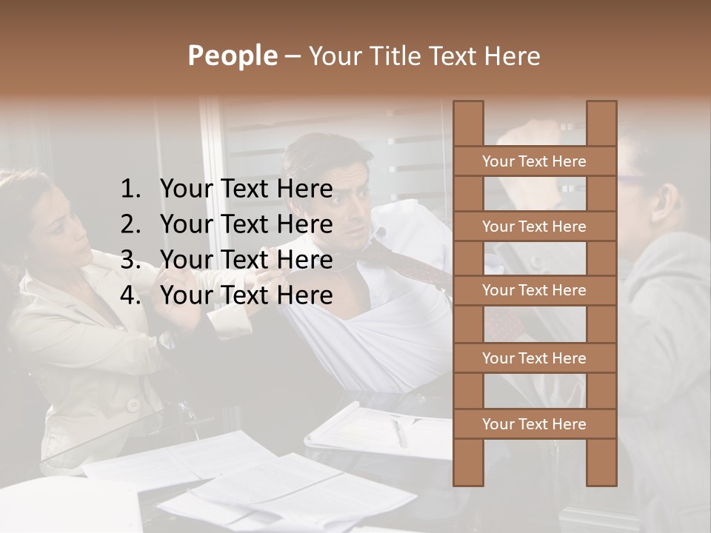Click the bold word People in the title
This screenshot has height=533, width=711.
pos(231,56)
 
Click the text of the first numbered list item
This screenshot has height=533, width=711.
pos(246,190)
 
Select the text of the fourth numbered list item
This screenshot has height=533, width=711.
pos(246,295)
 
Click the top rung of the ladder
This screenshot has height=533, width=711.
pos(534,161)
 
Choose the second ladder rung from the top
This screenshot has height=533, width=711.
pos(534,227)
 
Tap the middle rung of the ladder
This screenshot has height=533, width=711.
pos(534,291)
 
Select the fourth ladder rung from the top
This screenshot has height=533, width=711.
pos(534,358)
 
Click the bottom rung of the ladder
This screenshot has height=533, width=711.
pos(534,424)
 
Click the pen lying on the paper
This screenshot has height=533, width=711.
pos(400,432)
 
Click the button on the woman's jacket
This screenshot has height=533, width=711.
pos(133,405)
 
